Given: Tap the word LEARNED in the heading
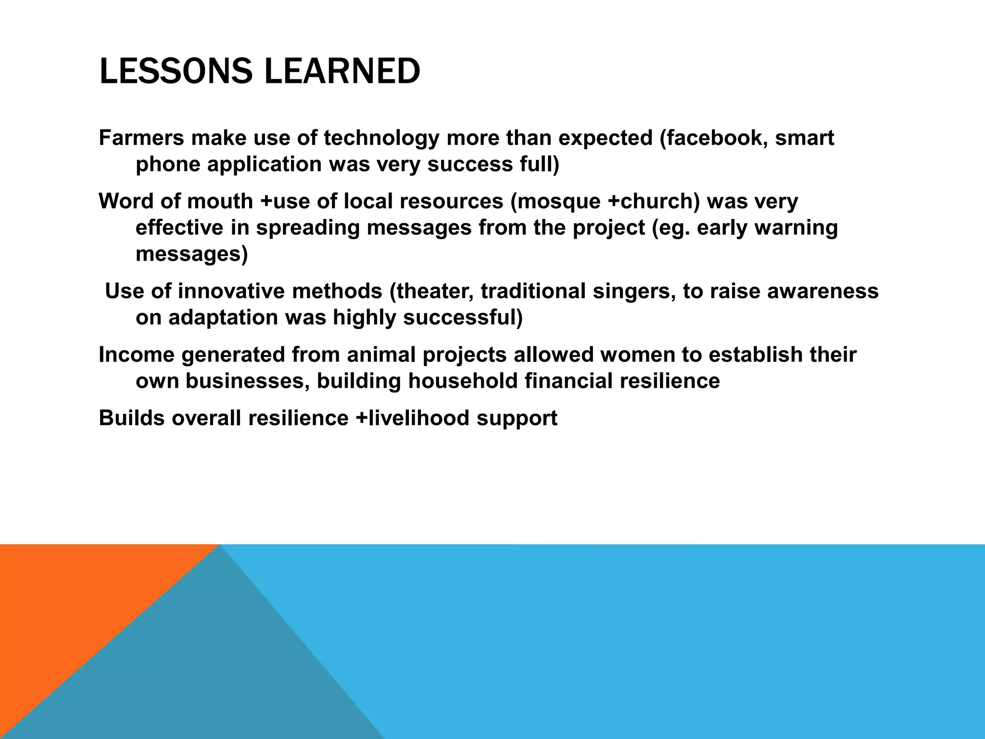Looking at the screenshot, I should tap(342, 72).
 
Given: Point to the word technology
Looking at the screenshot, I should tap(381, 138).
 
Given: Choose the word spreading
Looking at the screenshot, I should tap(308, 228).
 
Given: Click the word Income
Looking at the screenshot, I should tap(136, 355).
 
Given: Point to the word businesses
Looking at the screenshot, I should tap(247, 381).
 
